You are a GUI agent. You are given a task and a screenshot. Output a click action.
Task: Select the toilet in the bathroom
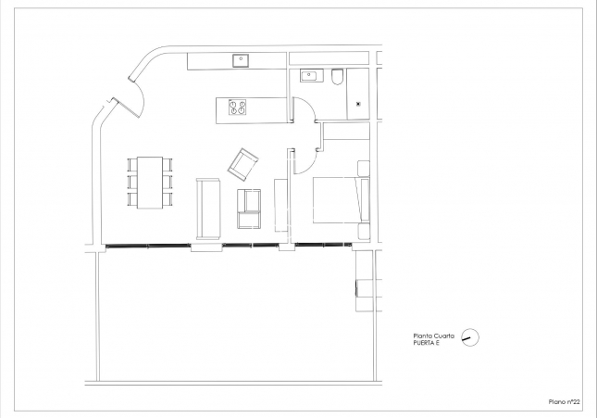coord(338,77)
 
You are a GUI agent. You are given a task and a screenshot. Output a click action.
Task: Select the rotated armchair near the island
coord(244,164)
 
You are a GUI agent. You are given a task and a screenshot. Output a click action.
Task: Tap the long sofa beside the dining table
coord(207,209)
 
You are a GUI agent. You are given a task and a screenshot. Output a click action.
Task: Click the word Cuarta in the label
coord(442,336)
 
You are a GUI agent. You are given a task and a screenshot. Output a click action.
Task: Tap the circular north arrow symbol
coord(471,338)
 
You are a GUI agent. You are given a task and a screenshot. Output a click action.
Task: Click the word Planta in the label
coord(421,336)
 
